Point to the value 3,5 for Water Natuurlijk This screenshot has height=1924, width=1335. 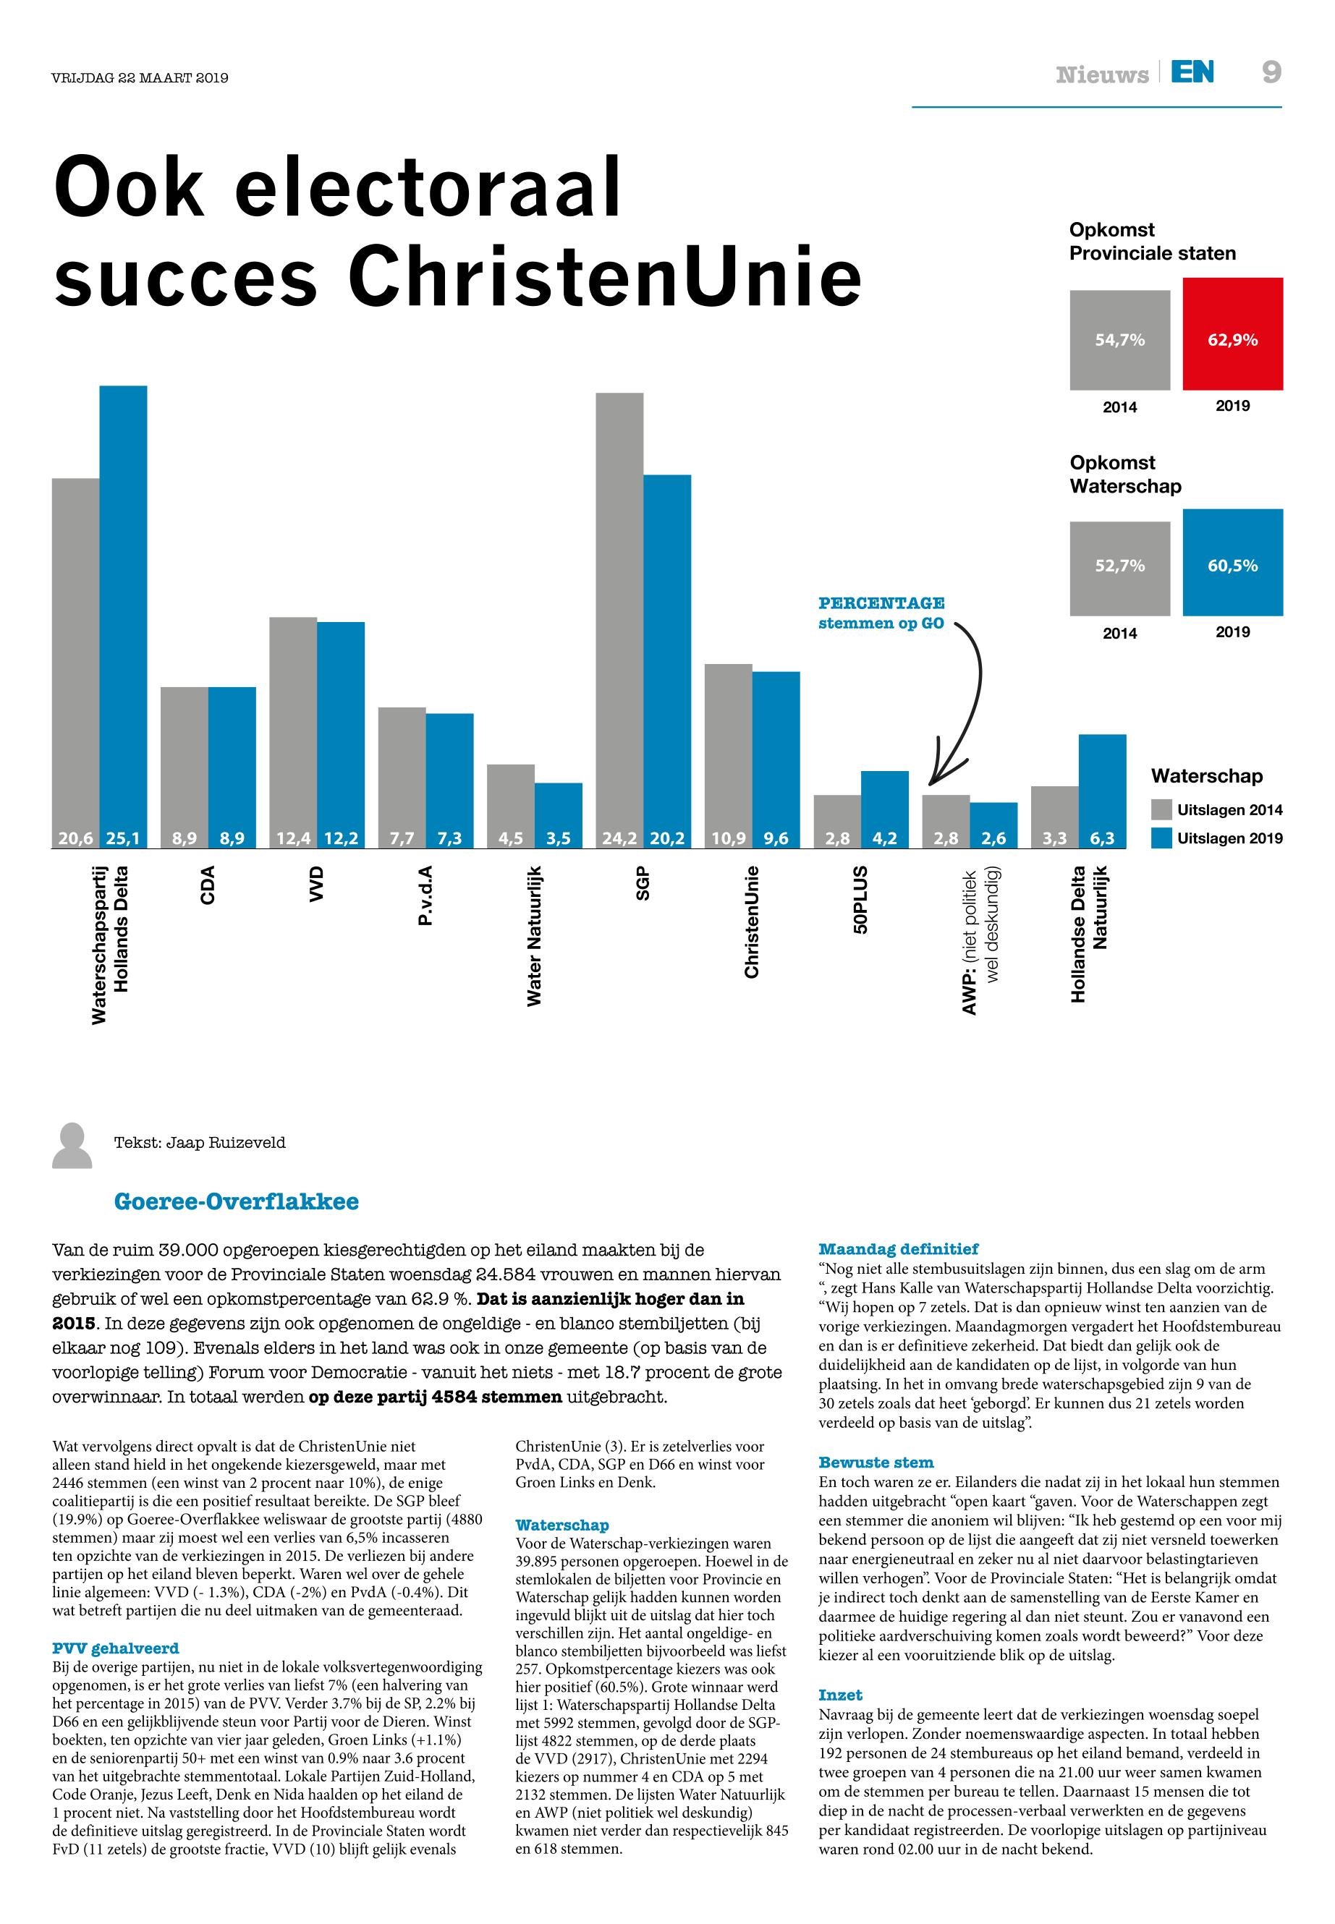558,838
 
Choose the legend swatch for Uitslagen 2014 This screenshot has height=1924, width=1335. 1161,809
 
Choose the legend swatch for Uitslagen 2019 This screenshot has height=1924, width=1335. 1161,838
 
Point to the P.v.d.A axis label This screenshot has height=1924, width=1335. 425,895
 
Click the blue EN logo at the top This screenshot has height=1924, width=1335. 1192,73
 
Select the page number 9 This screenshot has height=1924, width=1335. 1271,73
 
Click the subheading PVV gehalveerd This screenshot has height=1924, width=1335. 116,1648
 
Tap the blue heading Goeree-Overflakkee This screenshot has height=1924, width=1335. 236,1201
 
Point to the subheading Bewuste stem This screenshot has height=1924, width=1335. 876,1463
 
